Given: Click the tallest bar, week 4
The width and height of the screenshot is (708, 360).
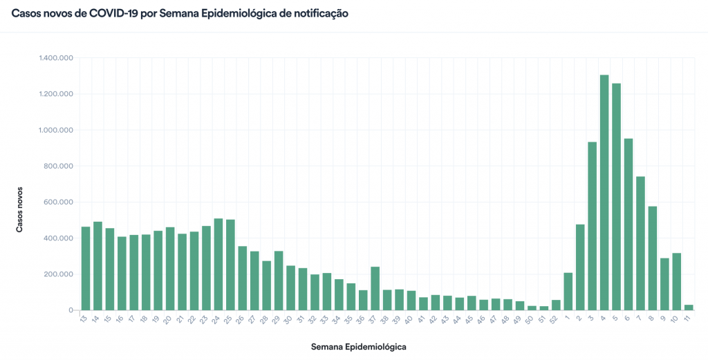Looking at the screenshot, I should (604, 193).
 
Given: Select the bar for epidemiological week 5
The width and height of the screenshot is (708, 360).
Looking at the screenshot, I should (616, 197).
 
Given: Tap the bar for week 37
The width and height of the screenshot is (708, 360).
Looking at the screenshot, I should (375, 289).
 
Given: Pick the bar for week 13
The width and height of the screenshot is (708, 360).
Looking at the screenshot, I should (86, 269).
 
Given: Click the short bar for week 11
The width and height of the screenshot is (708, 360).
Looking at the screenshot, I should (688, 307).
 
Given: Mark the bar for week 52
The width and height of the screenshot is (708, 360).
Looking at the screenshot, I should (556, 305).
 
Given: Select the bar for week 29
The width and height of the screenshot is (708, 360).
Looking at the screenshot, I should (279, 281).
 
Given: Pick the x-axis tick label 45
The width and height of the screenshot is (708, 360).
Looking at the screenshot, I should (470, 319).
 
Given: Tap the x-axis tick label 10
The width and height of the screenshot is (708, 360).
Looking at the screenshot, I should (675, 319).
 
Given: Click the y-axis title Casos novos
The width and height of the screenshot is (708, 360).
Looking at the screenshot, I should (20, 208).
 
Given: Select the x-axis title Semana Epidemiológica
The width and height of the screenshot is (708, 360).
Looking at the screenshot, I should (358, 346).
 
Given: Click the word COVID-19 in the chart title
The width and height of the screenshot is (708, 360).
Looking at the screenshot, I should (113, 13).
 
